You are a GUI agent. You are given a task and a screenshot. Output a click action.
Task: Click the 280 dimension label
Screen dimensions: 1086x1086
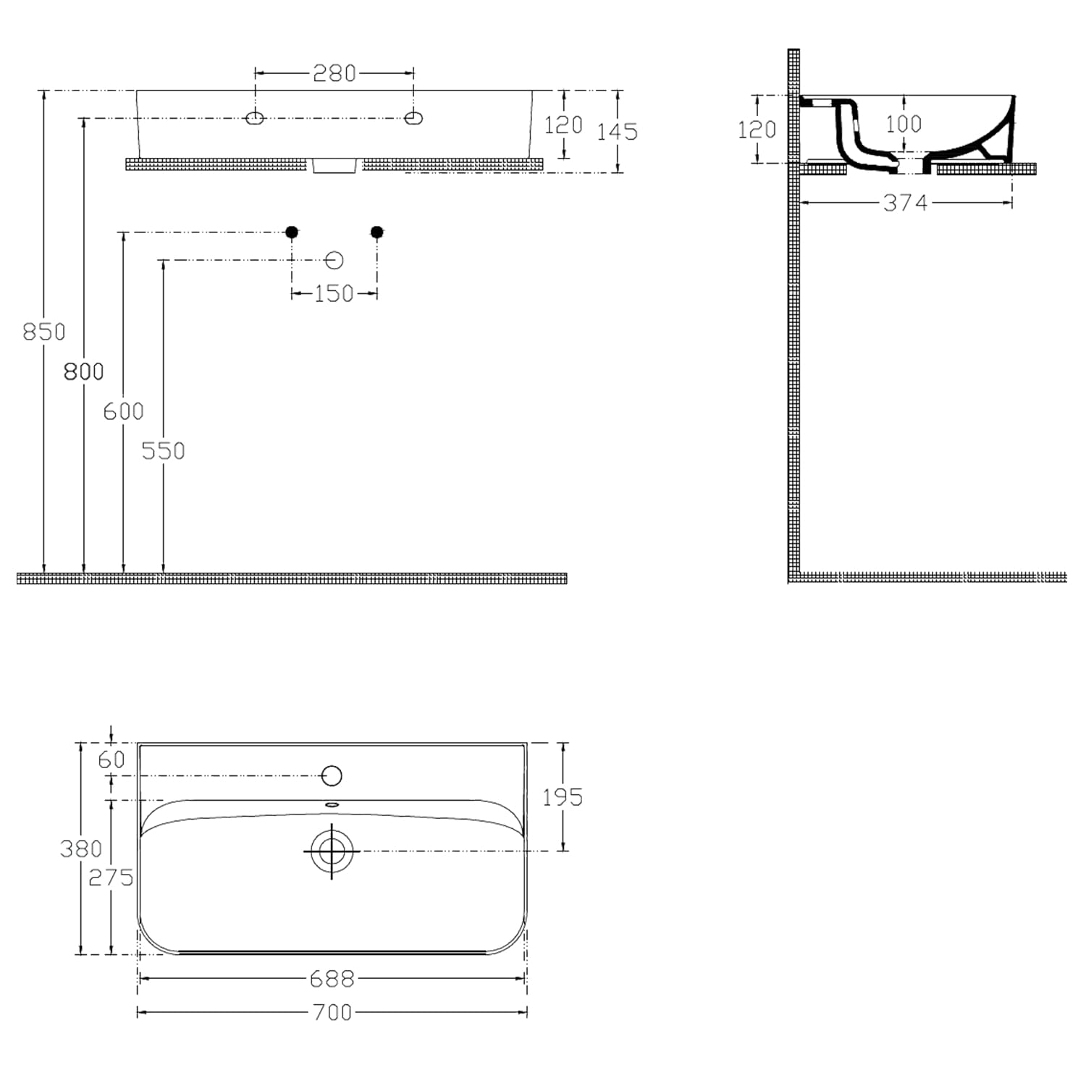pos(334,73)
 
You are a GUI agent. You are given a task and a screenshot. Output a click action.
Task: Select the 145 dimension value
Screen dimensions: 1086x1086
pos(618,132)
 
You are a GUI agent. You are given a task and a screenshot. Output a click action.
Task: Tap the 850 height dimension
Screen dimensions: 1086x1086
pos(44,332)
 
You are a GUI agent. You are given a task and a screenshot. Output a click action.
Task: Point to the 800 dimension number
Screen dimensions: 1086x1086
pos(84,371)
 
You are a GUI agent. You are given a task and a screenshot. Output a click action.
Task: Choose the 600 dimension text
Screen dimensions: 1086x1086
pos(124,411)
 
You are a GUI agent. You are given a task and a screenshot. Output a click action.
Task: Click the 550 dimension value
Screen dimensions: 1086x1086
pos(164,451)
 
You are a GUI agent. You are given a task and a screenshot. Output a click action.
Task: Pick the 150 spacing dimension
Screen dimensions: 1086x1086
pos(334,293)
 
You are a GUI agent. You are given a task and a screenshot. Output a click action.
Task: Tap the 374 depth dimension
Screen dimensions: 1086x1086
pos(905,203)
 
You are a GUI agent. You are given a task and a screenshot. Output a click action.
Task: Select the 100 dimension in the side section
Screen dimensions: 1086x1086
pos(904,124)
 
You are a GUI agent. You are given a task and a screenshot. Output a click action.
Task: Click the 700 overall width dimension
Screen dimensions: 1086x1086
pos(332,1012)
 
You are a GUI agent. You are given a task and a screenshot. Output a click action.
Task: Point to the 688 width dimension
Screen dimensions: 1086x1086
pos(332,979)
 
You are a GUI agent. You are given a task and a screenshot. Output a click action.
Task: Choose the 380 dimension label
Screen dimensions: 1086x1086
pos(81,849)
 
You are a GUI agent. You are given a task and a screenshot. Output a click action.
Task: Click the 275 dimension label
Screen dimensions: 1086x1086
pos(111,877)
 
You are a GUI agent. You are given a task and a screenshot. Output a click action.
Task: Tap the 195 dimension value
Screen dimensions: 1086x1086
pos(563,797)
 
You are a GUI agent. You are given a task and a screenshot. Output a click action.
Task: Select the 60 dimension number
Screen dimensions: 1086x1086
pos(111,759)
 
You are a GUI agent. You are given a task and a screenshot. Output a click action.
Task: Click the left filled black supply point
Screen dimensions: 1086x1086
pos(292,232)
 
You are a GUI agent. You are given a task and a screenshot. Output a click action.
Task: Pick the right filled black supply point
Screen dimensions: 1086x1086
pos(376,232)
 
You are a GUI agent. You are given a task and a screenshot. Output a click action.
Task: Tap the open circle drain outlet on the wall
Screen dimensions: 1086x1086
pos(334,260)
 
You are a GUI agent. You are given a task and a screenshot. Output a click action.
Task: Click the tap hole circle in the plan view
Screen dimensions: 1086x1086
pos(332,775)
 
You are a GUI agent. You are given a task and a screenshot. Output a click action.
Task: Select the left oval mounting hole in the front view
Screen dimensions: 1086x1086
pos(255,118)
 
